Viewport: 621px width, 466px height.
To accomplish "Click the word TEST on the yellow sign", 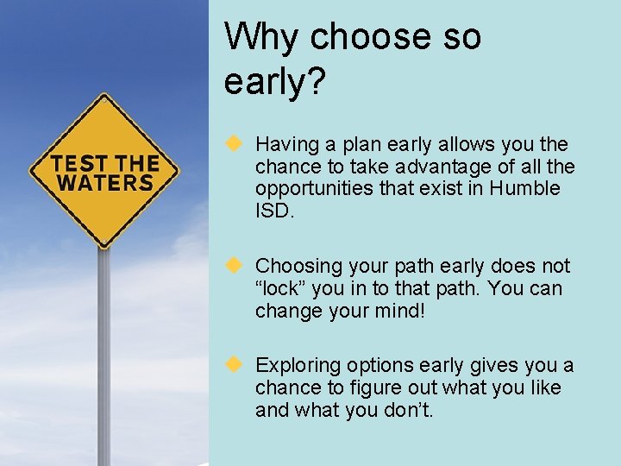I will point(78,163).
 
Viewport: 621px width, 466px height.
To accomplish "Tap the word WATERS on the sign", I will point(104,183).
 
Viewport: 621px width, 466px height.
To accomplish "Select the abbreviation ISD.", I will point(274,211).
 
